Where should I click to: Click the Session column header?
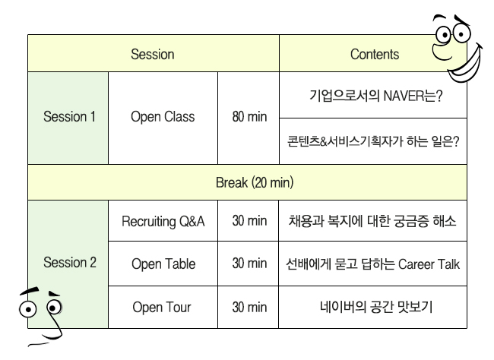click(x=153, y=53)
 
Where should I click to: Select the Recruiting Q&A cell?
click(x=163, y=221)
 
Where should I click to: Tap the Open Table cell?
click(x=163, y=264)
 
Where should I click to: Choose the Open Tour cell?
click(x=163, y=307)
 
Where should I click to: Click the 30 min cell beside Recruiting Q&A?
click(x=249, y=221)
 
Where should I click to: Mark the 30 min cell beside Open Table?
click(x=249, y=264)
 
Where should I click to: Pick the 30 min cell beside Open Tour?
click(x=249, y=307)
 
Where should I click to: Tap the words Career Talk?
click(x=429, y=264)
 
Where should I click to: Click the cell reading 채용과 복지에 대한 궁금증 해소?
click(x=373, y=221)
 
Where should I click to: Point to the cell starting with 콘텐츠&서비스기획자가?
click(x=373, y=141)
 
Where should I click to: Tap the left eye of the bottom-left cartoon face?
click(x=27, y=309)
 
